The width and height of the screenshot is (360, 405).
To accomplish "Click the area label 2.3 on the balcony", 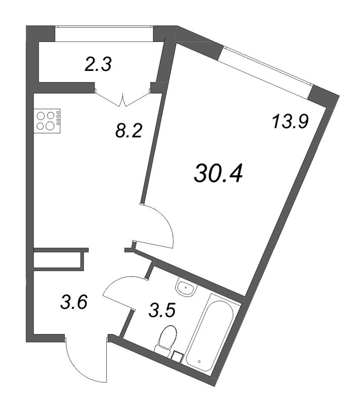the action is [x=98, y=64].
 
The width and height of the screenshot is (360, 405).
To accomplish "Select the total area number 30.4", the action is [x=218, y=174].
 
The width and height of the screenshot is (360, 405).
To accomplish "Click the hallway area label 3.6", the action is [x=74, y=302].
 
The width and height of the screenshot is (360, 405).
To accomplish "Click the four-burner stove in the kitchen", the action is [x=47, y=121].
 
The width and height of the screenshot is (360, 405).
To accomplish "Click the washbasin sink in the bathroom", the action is [x=186, y=288].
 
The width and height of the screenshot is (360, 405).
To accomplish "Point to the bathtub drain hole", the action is [x=199, y=361].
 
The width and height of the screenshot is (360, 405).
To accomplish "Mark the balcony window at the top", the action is [x=104, y=33].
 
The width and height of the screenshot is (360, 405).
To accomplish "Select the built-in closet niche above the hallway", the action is [x=59, y=260].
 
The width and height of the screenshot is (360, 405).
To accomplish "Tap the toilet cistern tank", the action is [x=163, y=349].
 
